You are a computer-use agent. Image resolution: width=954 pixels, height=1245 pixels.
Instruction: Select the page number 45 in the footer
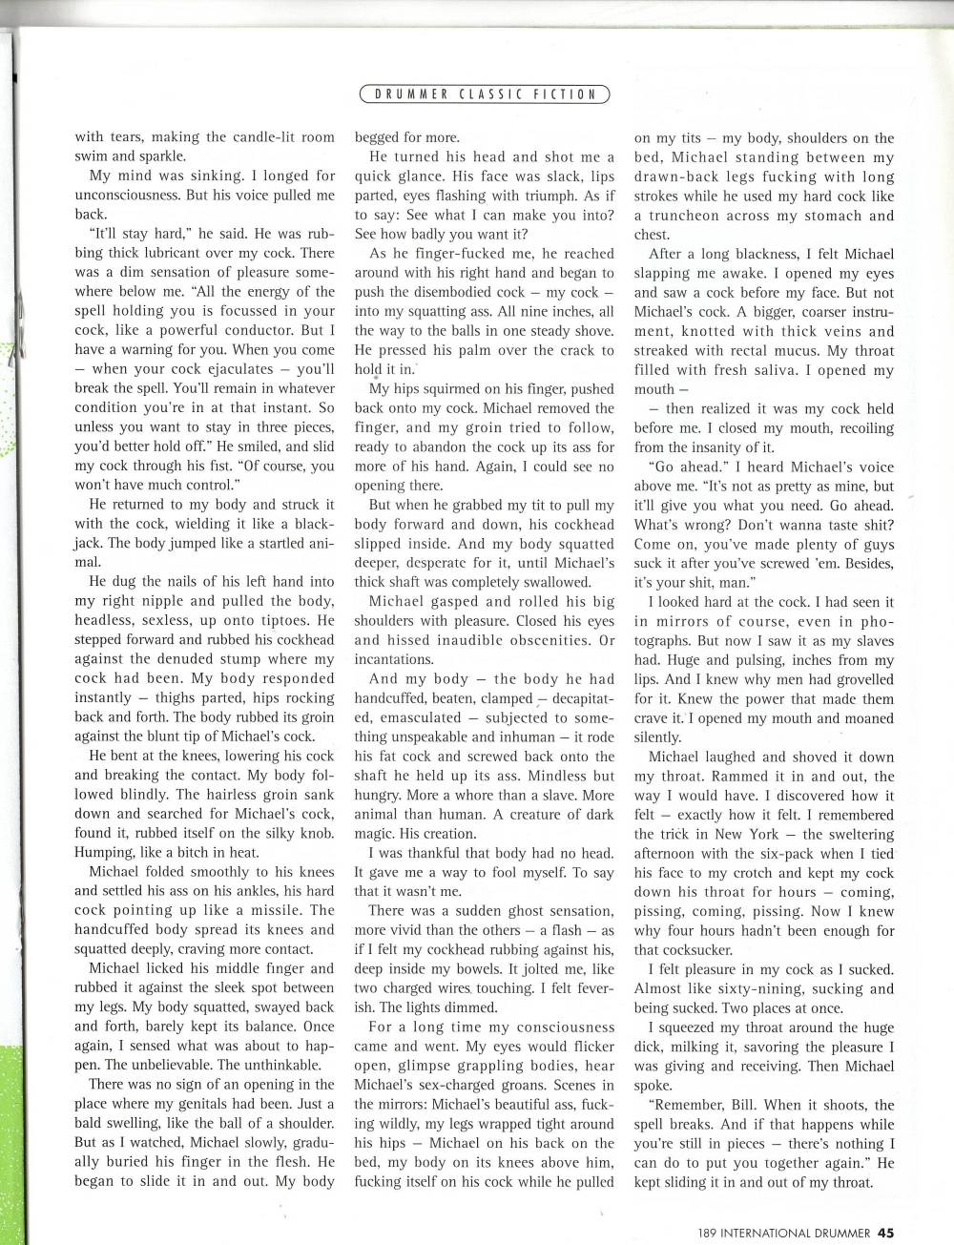pos(886,1231)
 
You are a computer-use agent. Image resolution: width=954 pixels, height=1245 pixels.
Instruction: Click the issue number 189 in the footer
pos(708,1231)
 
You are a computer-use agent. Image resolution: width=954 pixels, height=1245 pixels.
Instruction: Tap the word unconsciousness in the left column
pos(125,195)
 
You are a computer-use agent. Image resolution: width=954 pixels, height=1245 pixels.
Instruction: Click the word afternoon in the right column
pos(672,853)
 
